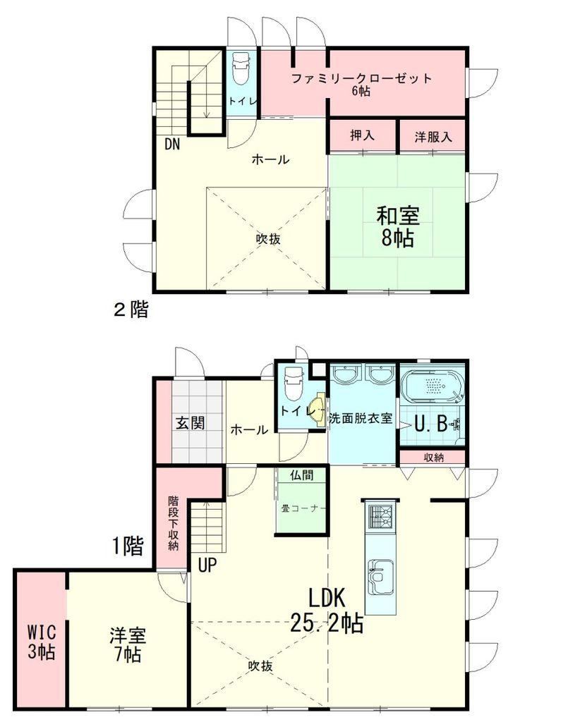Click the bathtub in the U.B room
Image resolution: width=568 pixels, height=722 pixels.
pyautogui.click(x=432, y=384)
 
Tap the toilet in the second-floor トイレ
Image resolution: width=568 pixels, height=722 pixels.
pyautogui.click(x=240, y=68)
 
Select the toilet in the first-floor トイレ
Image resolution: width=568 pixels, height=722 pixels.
pyautogui.click(x=293, y=383)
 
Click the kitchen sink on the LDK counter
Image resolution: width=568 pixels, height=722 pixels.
pyautogui.click(x=380, y=577)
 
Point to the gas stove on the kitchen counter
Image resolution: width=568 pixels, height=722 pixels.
pyautogui.click(x=380, y=517)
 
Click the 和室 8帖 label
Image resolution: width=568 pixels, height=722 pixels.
pyautogui.click(x=397, y=227)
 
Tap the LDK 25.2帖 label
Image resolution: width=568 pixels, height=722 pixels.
pyautogui.click(x=327, y=611)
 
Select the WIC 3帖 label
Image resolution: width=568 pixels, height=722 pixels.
pyautogui.click(x=42, y=642)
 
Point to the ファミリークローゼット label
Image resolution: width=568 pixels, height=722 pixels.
pyautogui.click(x=362, y=78)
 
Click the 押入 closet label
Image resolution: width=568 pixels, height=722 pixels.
pyautogui.click(x=362, y=135)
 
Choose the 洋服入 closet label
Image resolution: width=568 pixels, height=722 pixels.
pyautogui.click(x=433, y=136)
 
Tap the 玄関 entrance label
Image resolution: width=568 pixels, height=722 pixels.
pyautogui.click(x=191, y=422)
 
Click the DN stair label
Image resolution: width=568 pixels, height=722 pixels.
pyautogui.click(x=172, y=144)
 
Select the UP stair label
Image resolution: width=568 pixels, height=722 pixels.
pyautogui.click(x=207, y=565)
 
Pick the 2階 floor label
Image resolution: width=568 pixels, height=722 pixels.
pyautogui.click(x=131, y=309)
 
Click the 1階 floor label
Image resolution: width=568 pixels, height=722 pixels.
pyautogui.click(x=128, y=546)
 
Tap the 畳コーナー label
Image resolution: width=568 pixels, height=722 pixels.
pyautogui.click(x=303, y=509)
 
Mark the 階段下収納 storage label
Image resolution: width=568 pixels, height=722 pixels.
pyautogui.click(x=173, y=522)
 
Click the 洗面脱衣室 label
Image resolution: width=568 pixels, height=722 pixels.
pyautogui.click(x=361, y=418)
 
